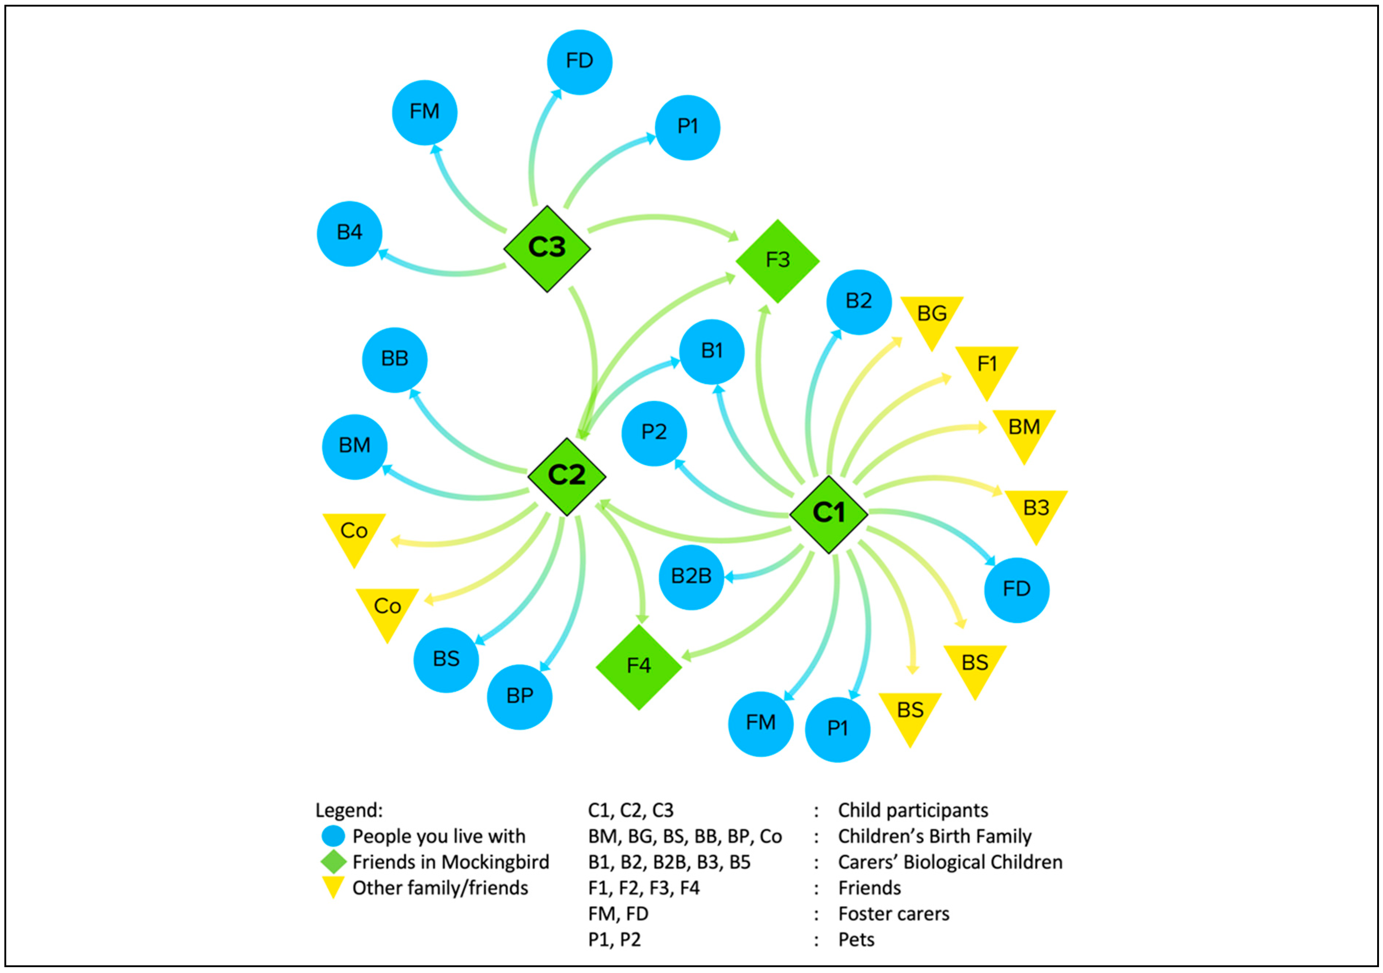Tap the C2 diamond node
(x=566, y=476)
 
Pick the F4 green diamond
(x=638, y=667)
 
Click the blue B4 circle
(x=349, y=233)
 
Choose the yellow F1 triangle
(x=987, y=368)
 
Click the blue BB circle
(x=395, y=360)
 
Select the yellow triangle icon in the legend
(x=333, y=886)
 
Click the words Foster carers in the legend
(x=893, y=914)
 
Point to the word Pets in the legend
(x=856, y=940)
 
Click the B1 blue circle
(x=711, y=351)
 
